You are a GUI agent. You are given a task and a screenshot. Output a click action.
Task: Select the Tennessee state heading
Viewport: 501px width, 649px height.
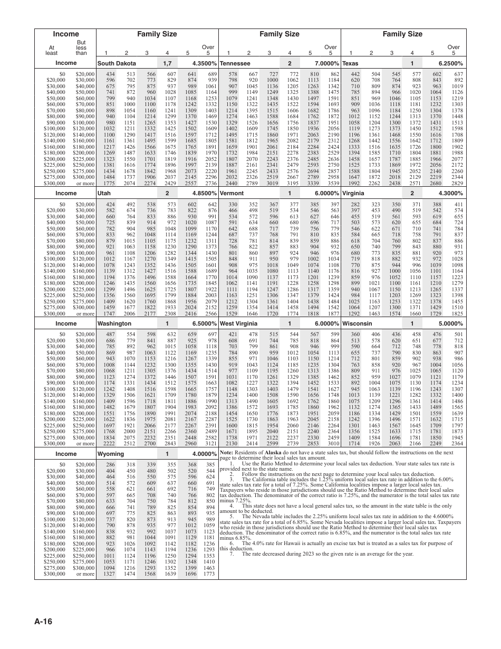tap(235, 63)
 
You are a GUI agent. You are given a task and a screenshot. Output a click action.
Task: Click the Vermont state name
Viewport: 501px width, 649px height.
tap(232, 194)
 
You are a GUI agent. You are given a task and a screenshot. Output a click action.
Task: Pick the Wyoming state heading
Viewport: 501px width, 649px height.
tap(110, 454)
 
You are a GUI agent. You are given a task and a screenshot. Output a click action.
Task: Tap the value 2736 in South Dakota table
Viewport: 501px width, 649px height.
tap(211, 183)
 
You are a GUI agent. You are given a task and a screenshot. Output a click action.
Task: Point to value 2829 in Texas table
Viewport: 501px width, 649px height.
tap(457, 183)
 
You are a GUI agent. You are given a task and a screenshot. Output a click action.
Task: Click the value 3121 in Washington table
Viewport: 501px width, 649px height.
tap(211, 444)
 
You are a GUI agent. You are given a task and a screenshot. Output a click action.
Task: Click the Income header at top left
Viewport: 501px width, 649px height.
tap(66, 34)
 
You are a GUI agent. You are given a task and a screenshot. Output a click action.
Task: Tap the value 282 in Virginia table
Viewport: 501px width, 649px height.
tap(355, 204)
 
